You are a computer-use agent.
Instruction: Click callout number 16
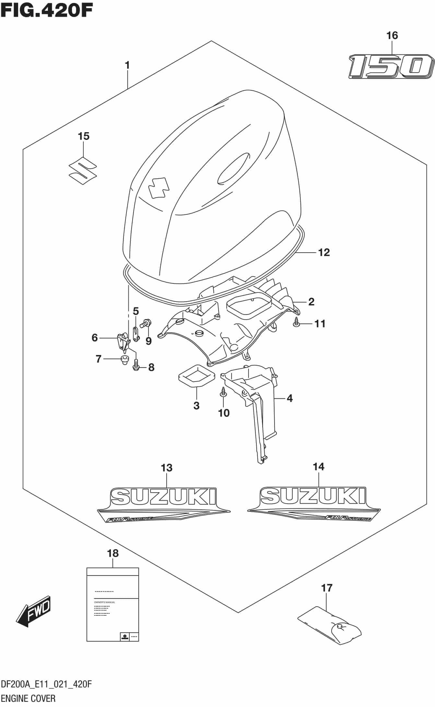392,35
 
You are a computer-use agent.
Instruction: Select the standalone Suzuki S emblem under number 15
83,171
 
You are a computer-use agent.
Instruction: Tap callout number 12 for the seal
324,252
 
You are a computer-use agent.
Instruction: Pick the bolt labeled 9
145,323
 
